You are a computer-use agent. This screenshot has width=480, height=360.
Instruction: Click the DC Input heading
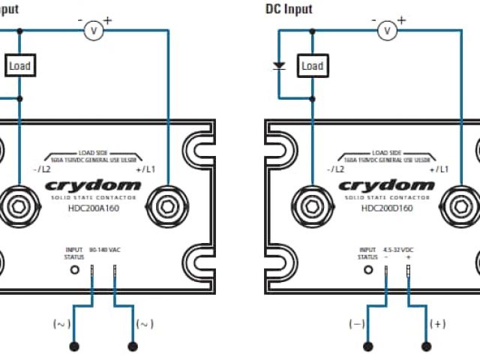[x=289, y=9]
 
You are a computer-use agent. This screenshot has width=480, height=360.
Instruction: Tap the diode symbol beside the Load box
[x=279, y=66]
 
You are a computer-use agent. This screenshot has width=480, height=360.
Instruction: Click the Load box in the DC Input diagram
[x=312, y=66]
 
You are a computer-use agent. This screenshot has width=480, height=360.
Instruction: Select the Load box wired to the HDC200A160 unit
[x=19, y=66]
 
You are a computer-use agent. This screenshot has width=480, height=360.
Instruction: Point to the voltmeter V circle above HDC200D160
[x=387, y=30]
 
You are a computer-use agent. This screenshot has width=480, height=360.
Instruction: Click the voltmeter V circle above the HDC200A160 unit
[x=94, y=30]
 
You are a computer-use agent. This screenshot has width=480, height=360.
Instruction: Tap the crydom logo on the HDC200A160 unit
[x=92, y=185]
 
